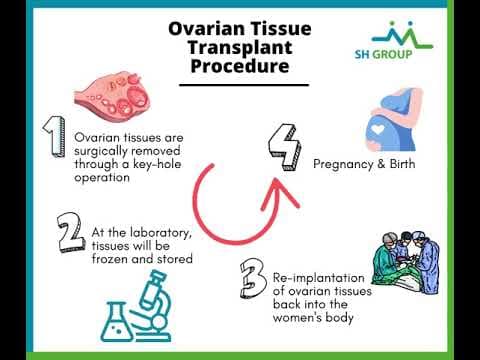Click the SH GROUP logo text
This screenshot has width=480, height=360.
[x=391, y=55]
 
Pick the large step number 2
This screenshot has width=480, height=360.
[x=70, y=232]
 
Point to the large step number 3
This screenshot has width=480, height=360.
[x=251, y=278]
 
